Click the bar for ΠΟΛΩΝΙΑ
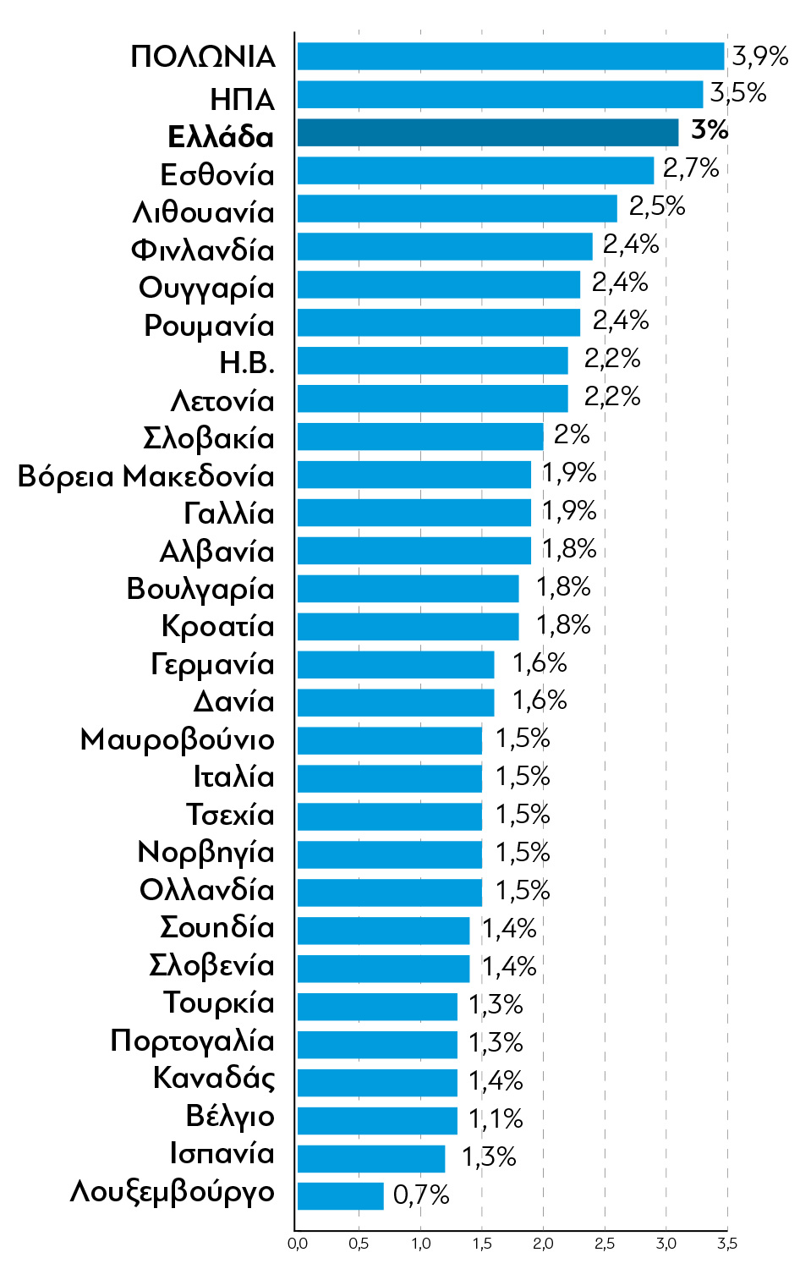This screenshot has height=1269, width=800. tap(510, 56)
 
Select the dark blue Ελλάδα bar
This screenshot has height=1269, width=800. tap(487, 132)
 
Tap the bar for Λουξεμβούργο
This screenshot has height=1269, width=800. tap(340, 1195)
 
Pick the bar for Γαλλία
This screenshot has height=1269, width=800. tap(414, 513)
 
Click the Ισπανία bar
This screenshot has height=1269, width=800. tap(370, 1158)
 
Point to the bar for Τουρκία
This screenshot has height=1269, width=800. tap(376, 1006)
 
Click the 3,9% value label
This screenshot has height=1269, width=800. tap(759, 56)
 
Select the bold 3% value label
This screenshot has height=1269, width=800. tap(709, 129)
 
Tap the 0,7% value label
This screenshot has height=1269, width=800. tap(421, 1195)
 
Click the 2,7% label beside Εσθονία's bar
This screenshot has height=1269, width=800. tap(690, 168)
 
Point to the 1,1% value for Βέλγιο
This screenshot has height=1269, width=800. tap(496, 1118)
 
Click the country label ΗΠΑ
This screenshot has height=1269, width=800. tap(242, 100)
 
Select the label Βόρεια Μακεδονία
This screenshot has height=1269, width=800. tap(146, 476)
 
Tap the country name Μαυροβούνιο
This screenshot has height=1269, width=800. tap(177, 739)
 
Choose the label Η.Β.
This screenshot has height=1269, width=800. tap(247, 363)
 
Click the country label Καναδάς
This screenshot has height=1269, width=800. tap(214, 1078)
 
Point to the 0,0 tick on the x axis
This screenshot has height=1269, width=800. tap(297, 1244)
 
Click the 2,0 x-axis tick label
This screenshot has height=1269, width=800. tap(543, 1244)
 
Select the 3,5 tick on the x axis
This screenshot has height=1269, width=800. tap(727, 1244)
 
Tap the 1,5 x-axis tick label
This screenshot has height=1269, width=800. tap(482, 1244)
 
